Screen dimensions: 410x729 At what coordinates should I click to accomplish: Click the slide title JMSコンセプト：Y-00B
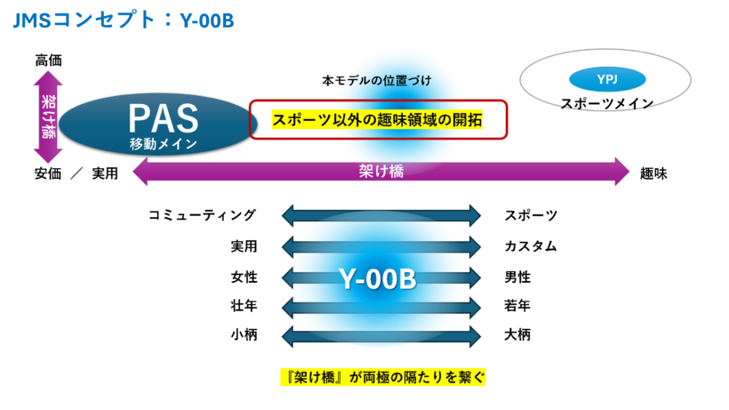click(124, 20)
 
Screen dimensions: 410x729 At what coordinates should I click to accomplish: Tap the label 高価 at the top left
click(49, 60)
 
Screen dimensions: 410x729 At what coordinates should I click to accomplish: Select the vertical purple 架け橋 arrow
click(48, 117)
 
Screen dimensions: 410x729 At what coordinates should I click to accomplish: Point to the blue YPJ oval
click(606, 79)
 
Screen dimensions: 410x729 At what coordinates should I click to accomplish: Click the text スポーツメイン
click(606, 103)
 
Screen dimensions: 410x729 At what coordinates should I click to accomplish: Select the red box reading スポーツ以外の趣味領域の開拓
click(377, 120)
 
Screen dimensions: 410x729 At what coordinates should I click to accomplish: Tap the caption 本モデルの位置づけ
click(376, 81)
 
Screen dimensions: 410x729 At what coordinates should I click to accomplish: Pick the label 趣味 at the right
click(653, 173)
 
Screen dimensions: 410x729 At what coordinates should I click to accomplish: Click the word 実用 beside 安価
click(104, 173)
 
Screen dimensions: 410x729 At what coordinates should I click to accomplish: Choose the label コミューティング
click(202, 215)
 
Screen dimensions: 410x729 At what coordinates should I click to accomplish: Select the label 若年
click(517, 307)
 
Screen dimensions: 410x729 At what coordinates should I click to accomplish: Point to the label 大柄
click(517, 337)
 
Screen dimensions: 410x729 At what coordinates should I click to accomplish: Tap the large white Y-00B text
click(378, 278)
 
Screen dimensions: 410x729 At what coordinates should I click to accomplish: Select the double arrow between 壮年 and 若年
click(381, 307)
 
